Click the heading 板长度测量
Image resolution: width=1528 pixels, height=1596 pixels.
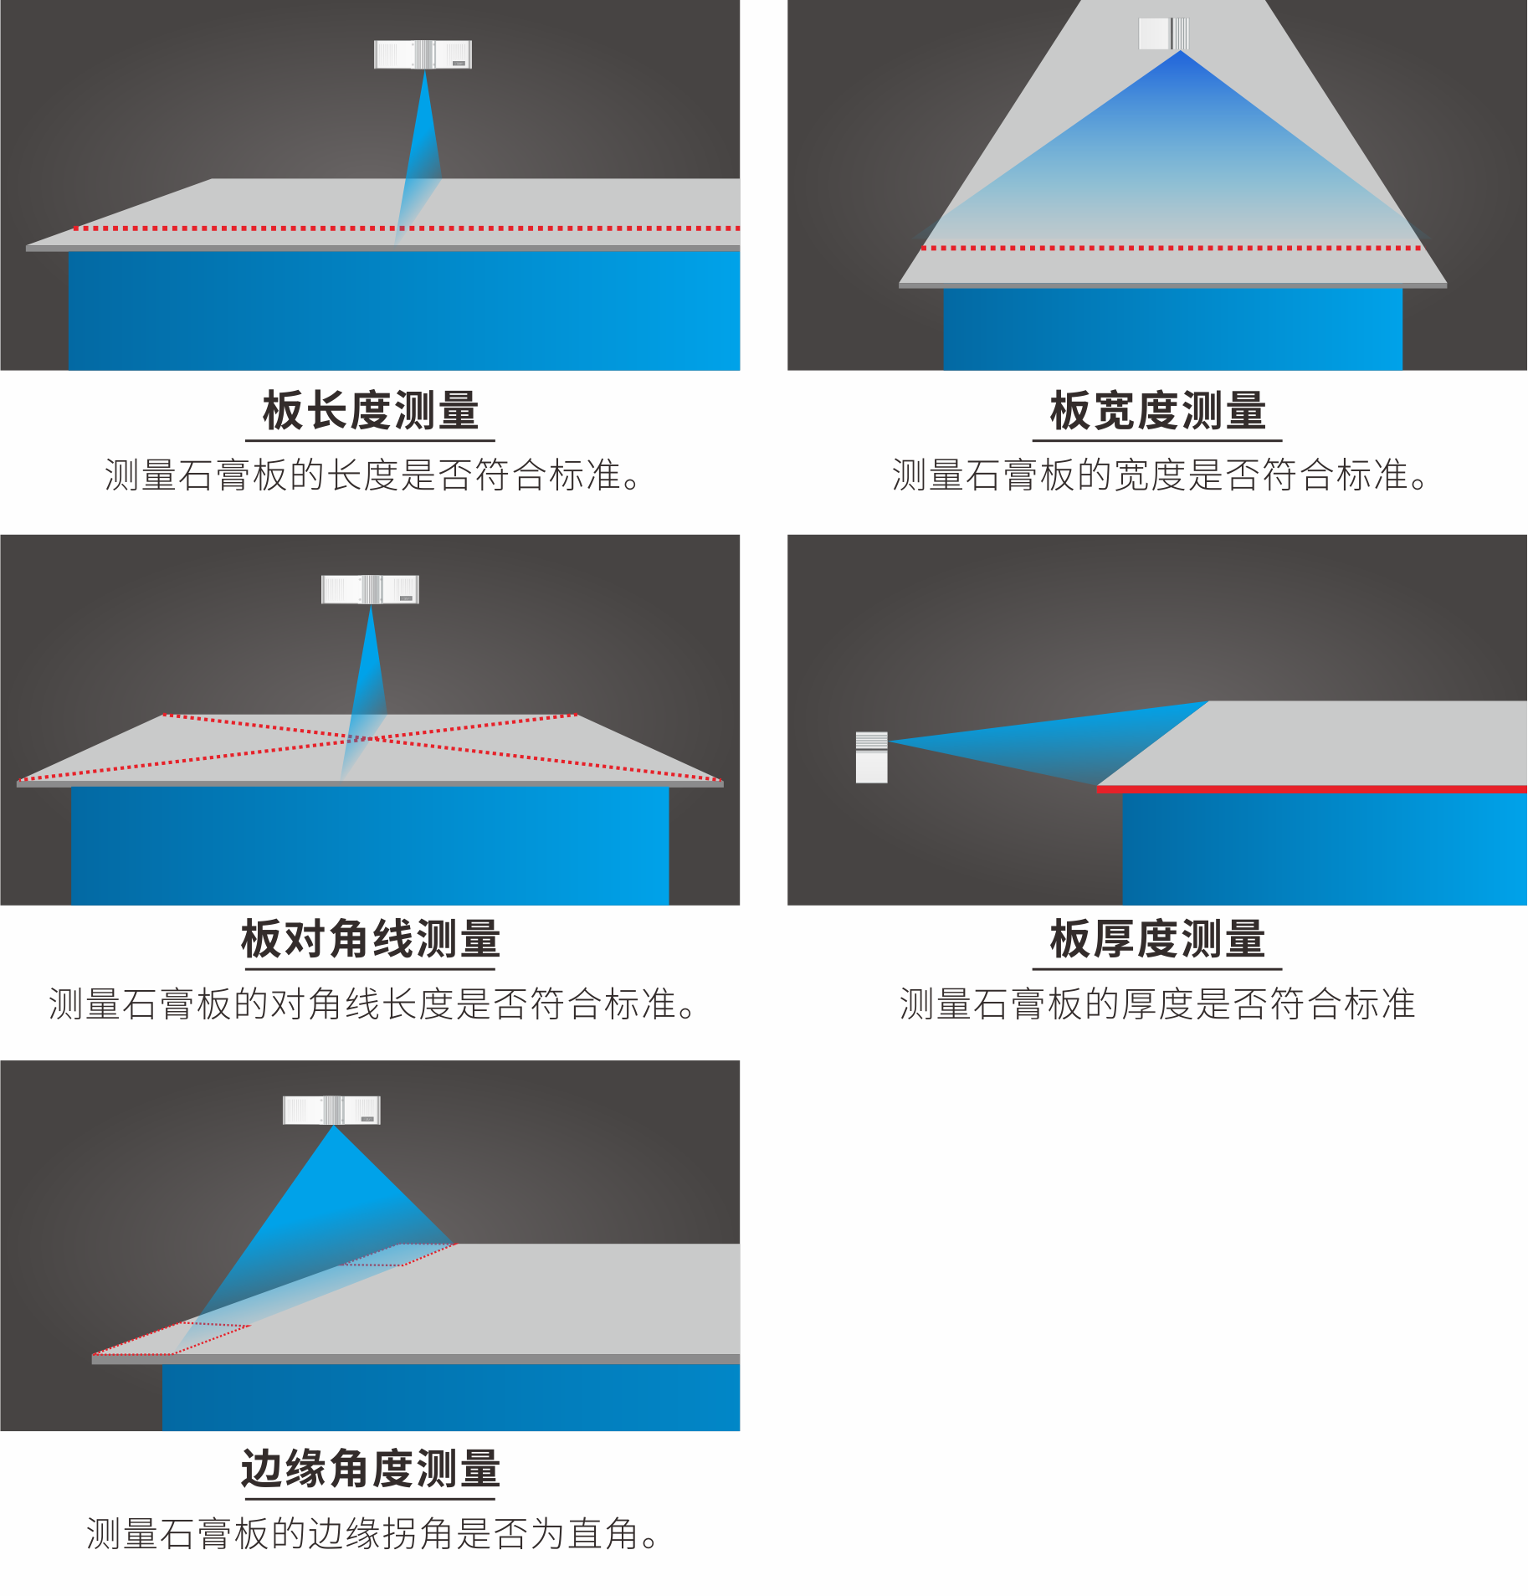tap(371, 410)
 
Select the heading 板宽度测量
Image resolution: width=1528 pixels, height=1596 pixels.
tap(1158, 410)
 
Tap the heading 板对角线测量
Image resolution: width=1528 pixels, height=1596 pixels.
tap(371, 938)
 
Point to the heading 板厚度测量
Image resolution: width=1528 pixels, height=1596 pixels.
tap(1158, 938)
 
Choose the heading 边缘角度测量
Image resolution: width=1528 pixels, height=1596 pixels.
tap(371, 1468)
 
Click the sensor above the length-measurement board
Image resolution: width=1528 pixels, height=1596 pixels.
tap(423, 54)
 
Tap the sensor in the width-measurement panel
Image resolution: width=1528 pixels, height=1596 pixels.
tap(1164, 33)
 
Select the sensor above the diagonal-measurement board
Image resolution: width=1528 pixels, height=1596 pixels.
tap(371, 589)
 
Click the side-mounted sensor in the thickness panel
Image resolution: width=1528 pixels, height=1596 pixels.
tap(871, 757)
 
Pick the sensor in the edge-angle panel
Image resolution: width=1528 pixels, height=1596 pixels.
tap(332, 1110)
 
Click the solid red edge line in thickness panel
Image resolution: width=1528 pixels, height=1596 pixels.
tap(1312, 788)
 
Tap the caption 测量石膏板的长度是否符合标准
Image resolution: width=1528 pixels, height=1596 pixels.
tap(372, 475)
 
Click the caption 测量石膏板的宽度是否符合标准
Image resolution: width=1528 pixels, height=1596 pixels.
tap(1160, 475)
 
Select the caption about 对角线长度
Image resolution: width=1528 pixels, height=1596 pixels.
tap(372, 1003)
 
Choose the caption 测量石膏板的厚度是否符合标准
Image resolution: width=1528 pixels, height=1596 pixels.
tap(1157, 1003)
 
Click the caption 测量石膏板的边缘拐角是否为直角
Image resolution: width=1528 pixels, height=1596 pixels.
tap(373, 1533)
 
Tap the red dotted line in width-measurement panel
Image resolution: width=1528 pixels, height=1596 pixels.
tap(1172, 248)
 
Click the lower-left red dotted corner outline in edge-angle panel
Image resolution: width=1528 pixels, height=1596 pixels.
tap(172, 1338)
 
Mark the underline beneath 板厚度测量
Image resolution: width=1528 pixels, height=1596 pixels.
tap(1157, 969)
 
